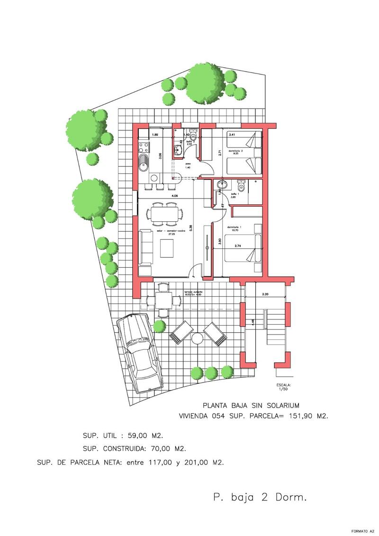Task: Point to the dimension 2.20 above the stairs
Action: click(266, 294)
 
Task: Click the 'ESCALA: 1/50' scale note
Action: click(284, 387)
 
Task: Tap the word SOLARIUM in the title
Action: click(281, 405)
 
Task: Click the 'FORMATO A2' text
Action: click(362, 530)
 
